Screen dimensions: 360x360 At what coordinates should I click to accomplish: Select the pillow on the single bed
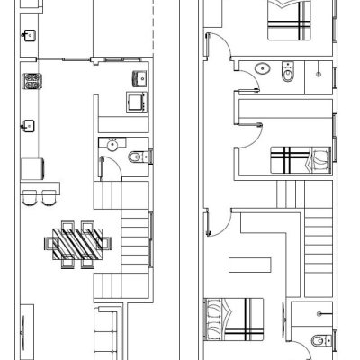[317, 163]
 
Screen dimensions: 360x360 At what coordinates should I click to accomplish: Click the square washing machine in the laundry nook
[137, 100]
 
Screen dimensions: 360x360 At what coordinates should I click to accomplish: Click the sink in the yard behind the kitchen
[30, 37]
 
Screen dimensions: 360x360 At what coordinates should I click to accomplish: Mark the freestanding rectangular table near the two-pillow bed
[249, 265]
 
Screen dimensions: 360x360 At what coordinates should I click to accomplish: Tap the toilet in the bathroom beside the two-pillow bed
[318, 340]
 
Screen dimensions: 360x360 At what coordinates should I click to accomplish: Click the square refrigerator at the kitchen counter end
[33, 169]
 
